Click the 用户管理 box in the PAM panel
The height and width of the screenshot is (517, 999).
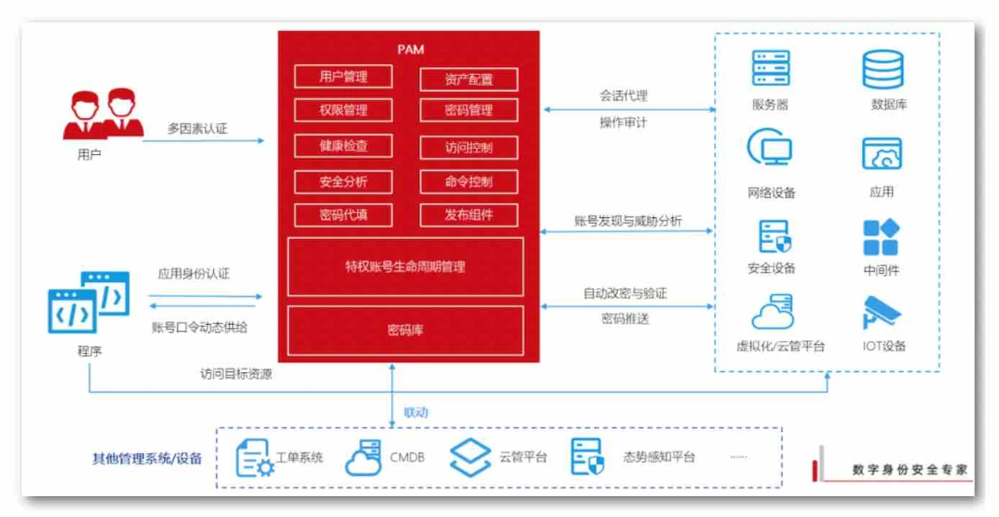point(343,77)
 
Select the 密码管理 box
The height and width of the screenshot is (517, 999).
point(469,110)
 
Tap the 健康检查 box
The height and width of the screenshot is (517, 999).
point(343,146)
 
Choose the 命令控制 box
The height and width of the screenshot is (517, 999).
point(469,181)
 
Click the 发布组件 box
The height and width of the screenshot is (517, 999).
point(469,215)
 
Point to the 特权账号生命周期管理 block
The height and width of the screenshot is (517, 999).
point(405,266)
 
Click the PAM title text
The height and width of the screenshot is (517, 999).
point(410,49)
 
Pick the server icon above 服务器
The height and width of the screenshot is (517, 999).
point(770,68)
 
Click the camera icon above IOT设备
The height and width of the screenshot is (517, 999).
point(882,312)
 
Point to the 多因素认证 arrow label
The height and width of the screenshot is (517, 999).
point(197,128)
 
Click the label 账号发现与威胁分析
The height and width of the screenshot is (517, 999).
point(628,221)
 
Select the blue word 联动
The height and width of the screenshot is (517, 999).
point(416,412)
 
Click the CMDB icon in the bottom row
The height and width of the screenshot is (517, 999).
point(362,458)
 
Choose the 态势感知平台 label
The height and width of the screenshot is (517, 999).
point(659,457)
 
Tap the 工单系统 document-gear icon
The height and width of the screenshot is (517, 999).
point(254,458)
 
